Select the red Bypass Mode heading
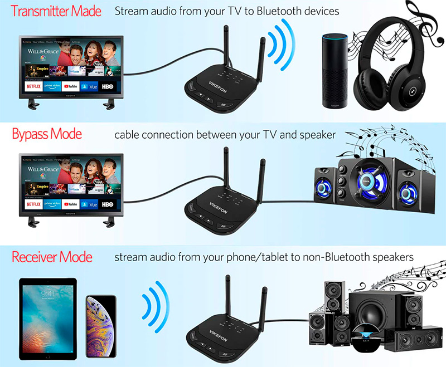pos(47,134)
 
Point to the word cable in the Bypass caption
pos(128,135)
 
